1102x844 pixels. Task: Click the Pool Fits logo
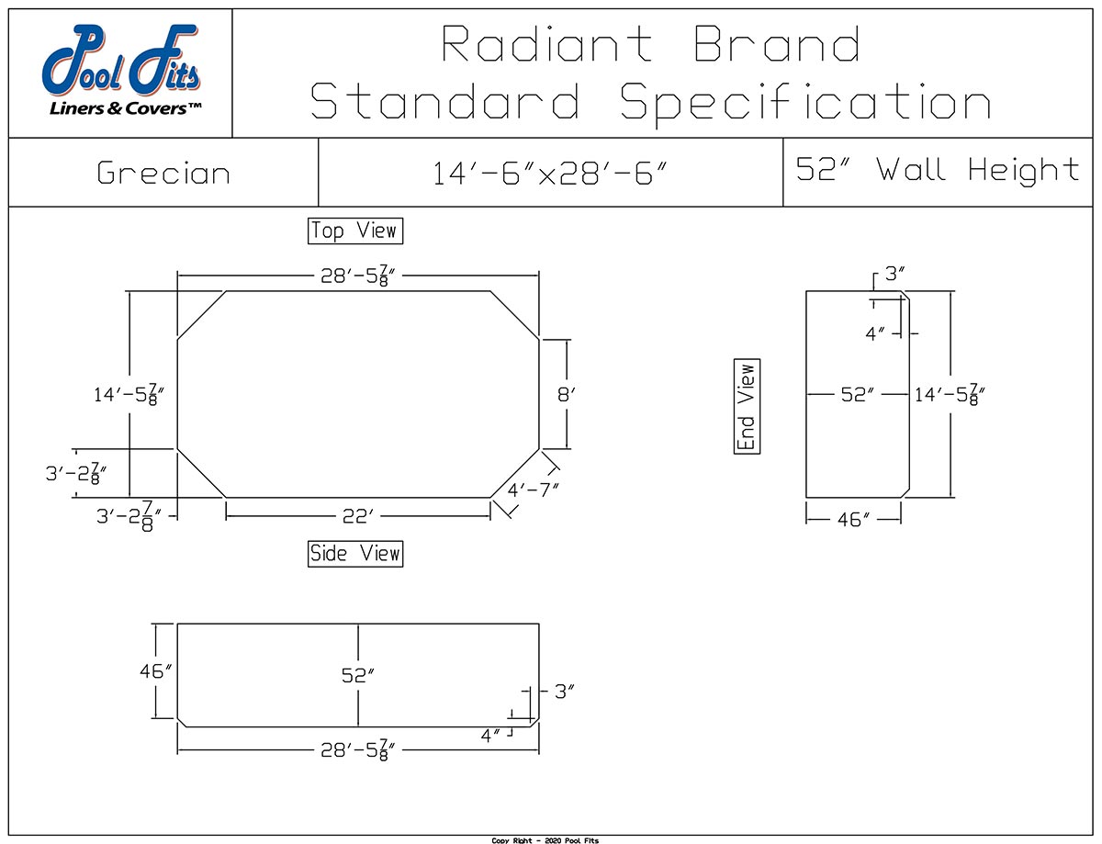click(x=120, y=73)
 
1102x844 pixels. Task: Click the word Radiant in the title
click(x=547, y=44)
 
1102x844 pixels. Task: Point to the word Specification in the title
click(x=805, y=101)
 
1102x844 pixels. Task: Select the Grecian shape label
click(x=163, y=174)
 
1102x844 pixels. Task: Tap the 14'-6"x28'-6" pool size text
click(x=549, y=174)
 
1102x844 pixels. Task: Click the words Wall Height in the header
click(x=977, y=170)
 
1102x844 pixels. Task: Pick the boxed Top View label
click(x=355, y=231)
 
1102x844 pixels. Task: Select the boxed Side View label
click(x=355, y=553)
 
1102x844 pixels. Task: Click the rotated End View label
click(x=748, y=407)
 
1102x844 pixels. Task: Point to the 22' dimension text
click(x=357, y=517)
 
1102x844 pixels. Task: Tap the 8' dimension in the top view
click(x=567, y=395)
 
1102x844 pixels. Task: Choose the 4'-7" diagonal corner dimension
click(x=533, y=489)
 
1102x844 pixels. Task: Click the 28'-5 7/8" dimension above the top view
click(x=358, y=277)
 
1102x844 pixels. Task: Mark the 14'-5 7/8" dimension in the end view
click(x=950, y=395)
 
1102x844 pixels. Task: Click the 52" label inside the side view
click(x=358, y=675)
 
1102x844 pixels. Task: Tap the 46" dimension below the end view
click(x=853, y=520)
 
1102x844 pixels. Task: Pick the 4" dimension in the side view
click(x=491, y=735)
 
